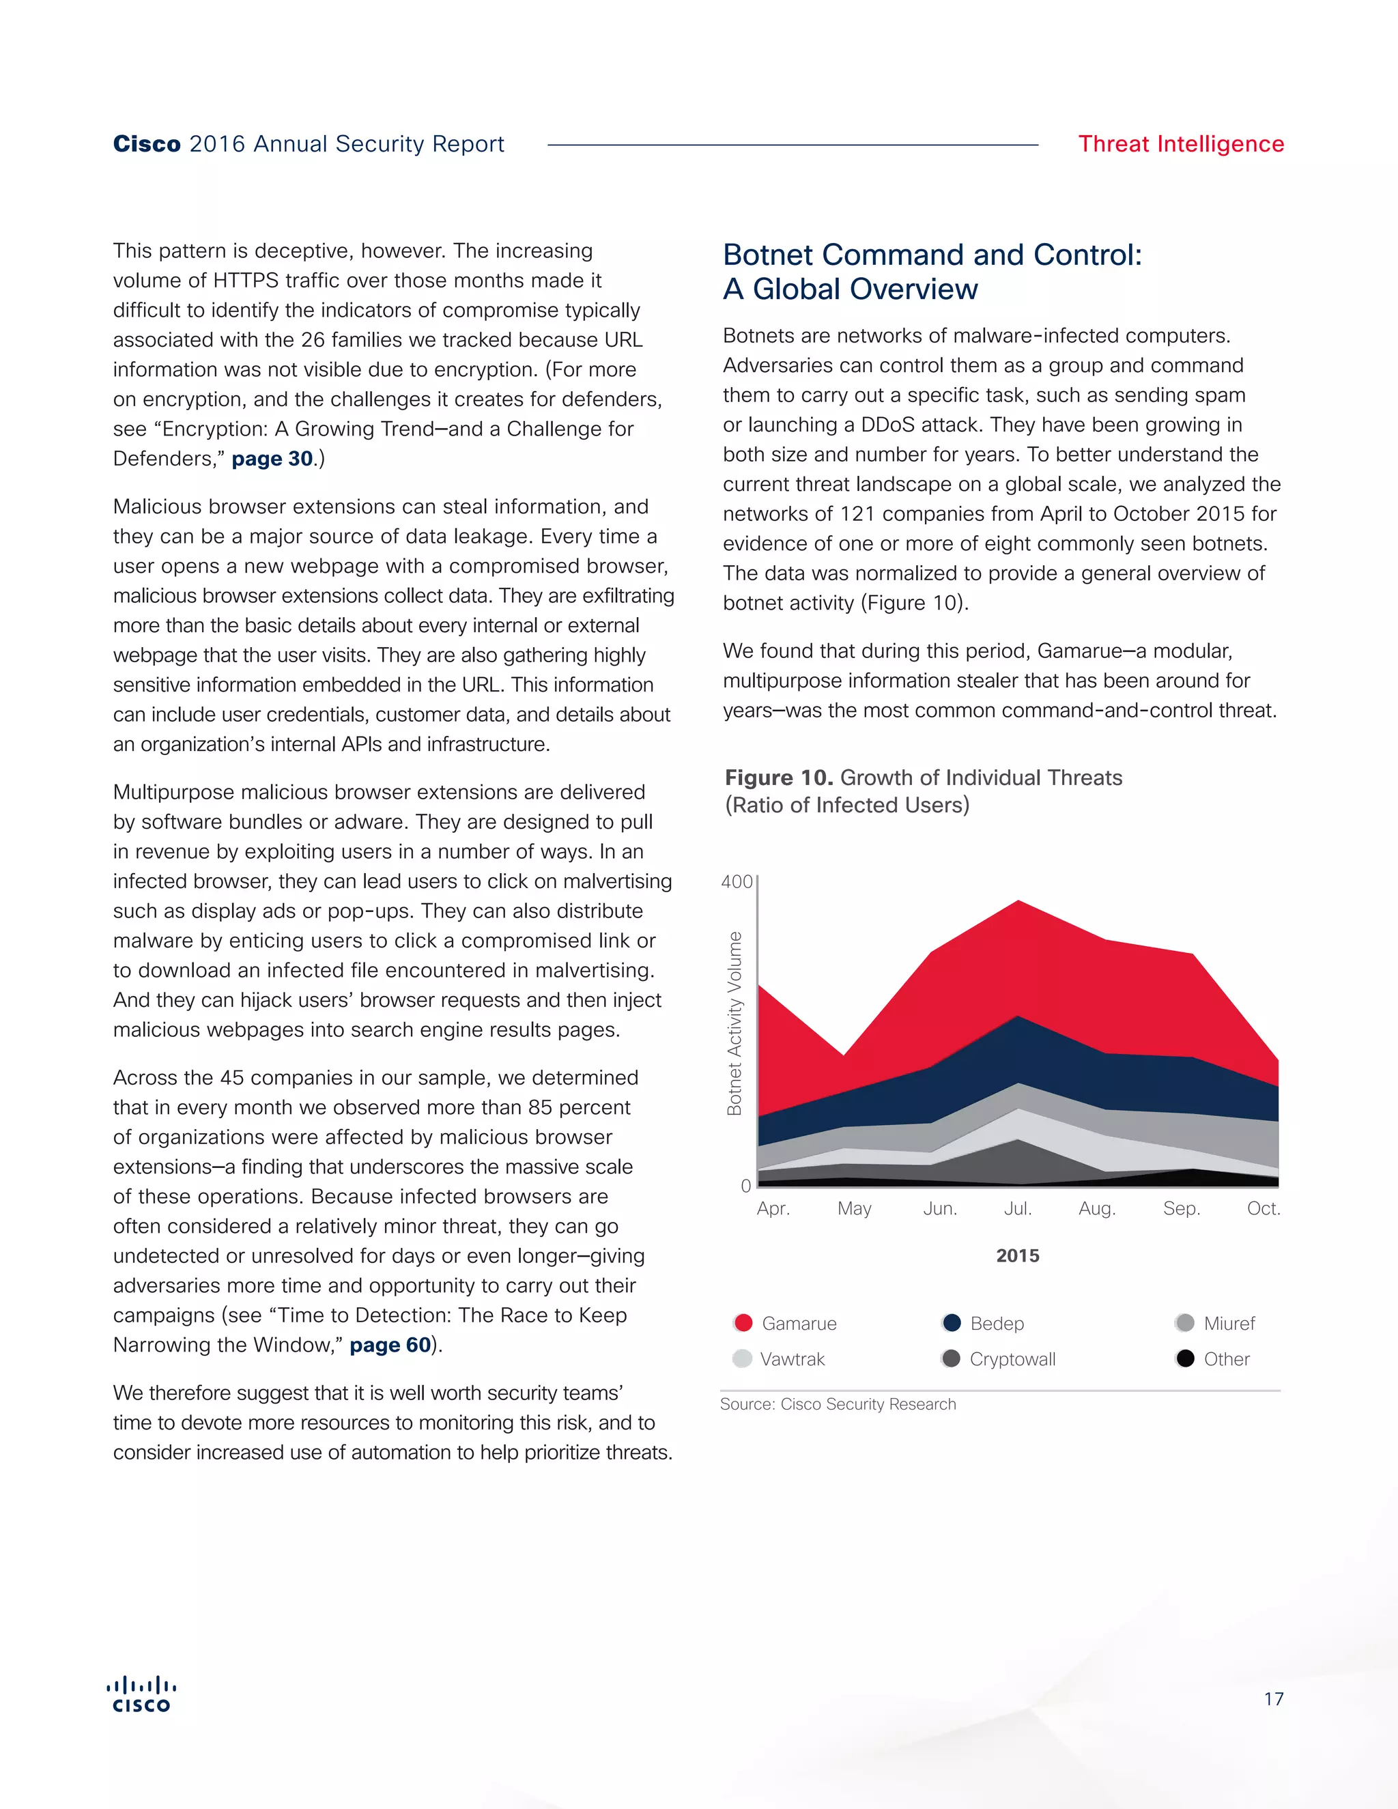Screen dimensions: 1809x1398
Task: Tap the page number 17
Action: point(1273,1699)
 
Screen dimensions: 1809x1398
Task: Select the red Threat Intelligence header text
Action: point(1180,144)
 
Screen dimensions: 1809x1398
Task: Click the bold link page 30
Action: point(272,459)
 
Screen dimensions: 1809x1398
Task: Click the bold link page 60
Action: point(390,1345)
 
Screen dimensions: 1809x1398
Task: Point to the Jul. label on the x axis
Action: point(1018,1208)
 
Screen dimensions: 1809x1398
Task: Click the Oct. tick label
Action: point(1263,1208)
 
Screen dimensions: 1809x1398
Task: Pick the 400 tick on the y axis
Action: point(737,881)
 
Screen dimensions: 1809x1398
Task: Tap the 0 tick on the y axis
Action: point(745,1186)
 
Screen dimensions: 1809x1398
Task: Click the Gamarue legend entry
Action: point(799,1324)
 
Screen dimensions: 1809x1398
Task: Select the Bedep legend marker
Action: point(952,1323)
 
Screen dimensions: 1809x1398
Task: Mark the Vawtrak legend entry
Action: point(792,1359)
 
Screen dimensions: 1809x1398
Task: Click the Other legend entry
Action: point(1226,1359)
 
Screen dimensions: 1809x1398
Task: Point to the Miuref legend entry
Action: point(1229,1324)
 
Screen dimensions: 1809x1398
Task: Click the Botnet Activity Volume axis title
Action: point(734,1023)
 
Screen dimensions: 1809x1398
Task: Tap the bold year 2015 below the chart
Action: point(1018,1255)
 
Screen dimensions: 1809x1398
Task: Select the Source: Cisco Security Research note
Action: point(838,1404)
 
